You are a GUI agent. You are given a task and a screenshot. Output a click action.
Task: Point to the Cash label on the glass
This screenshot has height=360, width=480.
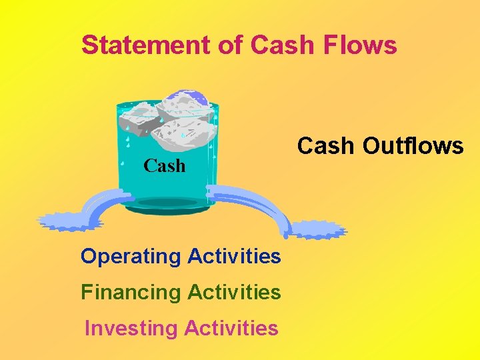point(164,165)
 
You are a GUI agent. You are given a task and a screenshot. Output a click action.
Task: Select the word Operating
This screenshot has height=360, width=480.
point(131,256)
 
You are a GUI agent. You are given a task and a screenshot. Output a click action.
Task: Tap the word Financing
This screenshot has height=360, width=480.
point(131,292)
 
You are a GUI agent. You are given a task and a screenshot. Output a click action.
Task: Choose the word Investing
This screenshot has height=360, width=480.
point(131,328)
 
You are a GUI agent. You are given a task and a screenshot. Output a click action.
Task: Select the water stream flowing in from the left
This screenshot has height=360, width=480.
point(100,203)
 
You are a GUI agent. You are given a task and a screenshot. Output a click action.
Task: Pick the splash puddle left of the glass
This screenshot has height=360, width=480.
point(62,221)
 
